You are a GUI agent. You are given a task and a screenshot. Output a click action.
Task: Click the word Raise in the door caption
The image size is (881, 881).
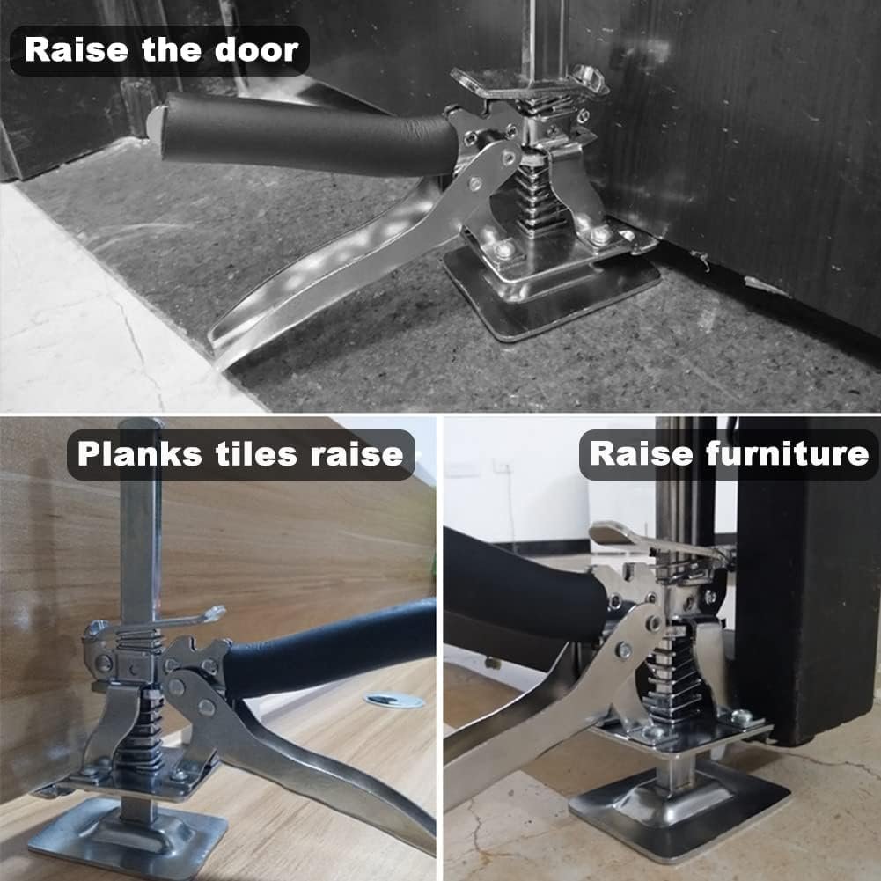(x=77, y=49)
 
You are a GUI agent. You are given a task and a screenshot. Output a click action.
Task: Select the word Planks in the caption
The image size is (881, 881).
(x=139, y=453)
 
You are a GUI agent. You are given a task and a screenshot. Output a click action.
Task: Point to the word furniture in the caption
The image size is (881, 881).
(x=787, y=453)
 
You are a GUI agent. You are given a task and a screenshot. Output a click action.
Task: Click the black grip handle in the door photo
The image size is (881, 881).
(x=306, y=135)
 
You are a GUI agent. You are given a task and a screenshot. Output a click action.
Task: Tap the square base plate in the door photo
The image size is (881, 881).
(x=551, y=292)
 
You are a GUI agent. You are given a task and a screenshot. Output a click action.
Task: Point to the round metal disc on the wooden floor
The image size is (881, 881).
(x=394, y=700)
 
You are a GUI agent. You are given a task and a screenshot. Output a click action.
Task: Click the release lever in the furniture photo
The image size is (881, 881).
(x=646, y=539)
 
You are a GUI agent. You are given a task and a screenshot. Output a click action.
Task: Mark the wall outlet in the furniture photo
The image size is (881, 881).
(x=501, y=466)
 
